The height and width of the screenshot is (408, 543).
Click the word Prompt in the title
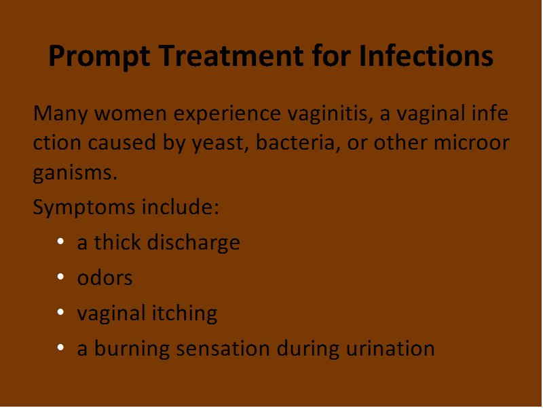99,57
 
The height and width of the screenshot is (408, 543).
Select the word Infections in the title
426,56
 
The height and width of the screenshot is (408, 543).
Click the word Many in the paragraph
60,114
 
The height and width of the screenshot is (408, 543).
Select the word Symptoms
83,208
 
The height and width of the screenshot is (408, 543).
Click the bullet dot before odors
60,277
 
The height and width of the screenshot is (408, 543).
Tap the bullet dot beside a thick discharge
60,241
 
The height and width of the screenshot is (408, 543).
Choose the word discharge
193,243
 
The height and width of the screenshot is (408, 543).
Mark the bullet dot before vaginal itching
60,312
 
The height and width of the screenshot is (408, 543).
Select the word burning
132,349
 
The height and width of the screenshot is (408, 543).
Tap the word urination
390,348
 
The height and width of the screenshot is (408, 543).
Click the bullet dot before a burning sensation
60,347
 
